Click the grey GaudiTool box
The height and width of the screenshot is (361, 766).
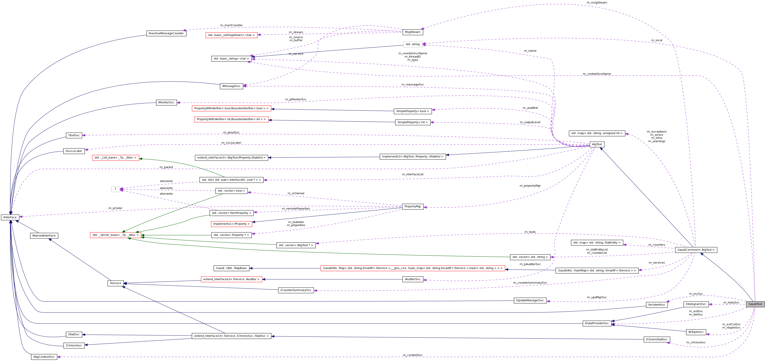point(755,304)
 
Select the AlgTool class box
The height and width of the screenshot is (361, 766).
point(597,144)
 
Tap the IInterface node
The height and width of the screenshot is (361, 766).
point(10,217)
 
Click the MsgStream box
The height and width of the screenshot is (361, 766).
point(413,32)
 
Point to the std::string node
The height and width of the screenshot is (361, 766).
point(413,44)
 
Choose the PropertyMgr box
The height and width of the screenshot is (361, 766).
point(413,206)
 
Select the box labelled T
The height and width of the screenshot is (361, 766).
point(115,189)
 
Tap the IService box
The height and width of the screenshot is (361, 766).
point(115,283)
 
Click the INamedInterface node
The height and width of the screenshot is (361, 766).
point(44,235)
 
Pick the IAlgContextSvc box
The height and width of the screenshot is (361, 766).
point(44,357)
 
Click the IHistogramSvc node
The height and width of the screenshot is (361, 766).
point(696,304)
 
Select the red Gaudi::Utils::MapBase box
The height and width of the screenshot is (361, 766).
point(231,268)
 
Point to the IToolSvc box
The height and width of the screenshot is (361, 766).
point(74,135)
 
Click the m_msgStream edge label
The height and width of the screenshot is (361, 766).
point(597,3)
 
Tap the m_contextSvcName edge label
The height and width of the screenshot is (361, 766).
point(597,74)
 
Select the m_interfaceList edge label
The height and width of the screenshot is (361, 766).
point(413,174)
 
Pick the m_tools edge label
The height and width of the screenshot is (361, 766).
point(530,232)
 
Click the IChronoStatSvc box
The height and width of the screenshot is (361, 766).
point(657,339)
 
